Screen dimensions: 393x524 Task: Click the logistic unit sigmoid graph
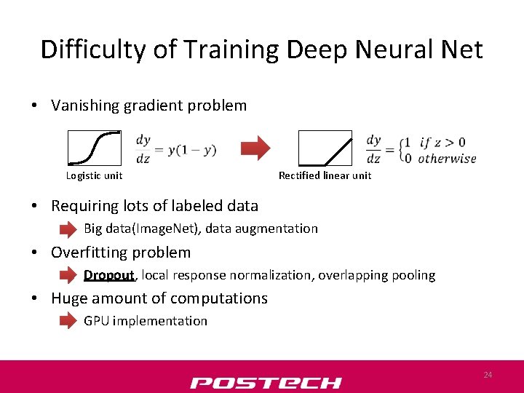[95, 148]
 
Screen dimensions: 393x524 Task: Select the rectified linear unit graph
[325, 148]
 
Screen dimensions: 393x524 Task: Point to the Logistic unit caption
[94, 175]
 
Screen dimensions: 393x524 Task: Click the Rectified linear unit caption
[325, 175]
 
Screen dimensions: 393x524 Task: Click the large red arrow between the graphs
[255, 148]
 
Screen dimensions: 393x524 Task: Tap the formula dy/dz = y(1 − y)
[175, 148]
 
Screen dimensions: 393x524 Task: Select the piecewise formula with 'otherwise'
[421, 149]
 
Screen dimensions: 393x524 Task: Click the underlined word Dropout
[109, 275]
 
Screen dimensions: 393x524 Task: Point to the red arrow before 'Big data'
[68, 229]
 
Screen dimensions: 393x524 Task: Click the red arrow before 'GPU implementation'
[68, 321]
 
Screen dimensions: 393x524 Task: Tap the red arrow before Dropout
[68, 275]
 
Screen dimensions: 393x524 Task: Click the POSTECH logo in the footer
[266, 383]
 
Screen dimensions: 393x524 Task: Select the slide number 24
[488, 375]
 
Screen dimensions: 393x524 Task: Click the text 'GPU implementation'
[146, 321]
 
